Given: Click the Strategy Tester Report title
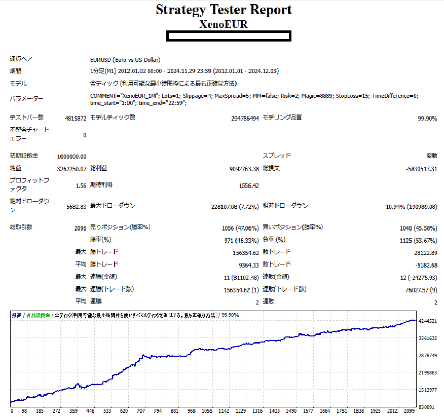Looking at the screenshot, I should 224,10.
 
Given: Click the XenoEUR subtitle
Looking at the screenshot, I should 224,24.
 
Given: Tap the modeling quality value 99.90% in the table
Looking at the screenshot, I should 427,118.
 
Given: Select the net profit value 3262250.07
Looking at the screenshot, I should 72,168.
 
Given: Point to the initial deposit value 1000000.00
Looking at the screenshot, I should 72,156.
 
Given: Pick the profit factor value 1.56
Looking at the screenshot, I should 81,186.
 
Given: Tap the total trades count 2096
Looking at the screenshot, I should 80,228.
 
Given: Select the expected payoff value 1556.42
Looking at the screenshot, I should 248,186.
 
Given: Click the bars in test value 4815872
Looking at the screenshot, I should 76,118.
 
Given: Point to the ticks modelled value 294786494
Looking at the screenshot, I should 245,118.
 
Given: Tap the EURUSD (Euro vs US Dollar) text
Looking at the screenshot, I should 124,59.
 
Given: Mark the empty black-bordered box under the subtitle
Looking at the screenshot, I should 229,36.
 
